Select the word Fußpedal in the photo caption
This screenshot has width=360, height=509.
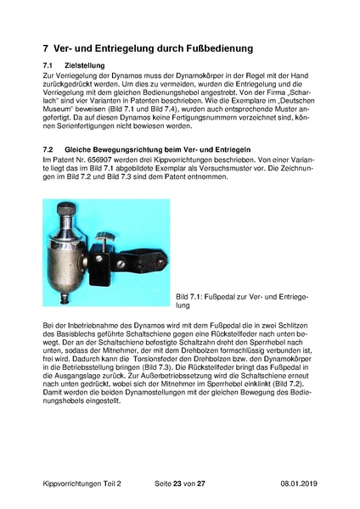click(224, 296)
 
